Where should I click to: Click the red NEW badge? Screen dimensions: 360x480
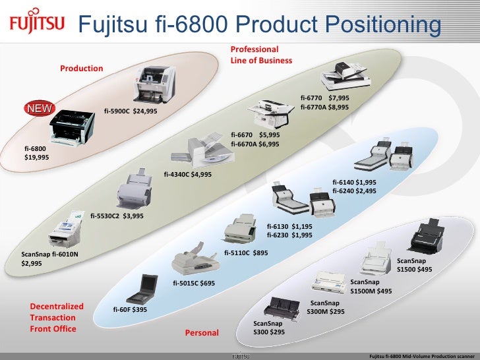point(40,109)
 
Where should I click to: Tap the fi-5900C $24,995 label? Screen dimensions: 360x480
point(131,111)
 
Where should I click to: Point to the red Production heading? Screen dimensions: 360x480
point(82,69)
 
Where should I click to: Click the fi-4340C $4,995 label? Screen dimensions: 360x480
point(188,175)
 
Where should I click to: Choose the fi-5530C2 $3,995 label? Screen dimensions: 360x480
point(117,216)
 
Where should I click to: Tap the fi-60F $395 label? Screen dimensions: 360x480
point(130,309)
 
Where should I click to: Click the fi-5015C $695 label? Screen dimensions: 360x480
point(194,284)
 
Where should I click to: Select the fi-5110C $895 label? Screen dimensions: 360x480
point(246,253)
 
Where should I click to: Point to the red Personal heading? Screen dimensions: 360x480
point(202,333)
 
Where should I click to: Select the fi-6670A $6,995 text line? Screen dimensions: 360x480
point(255,144)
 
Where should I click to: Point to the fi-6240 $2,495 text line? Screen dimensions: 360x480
point(354,191)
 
